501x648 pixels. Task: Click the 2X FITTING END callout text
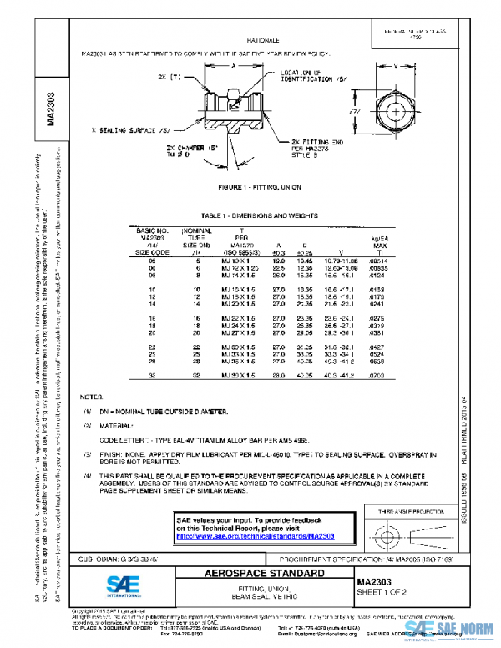[316, 143]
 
